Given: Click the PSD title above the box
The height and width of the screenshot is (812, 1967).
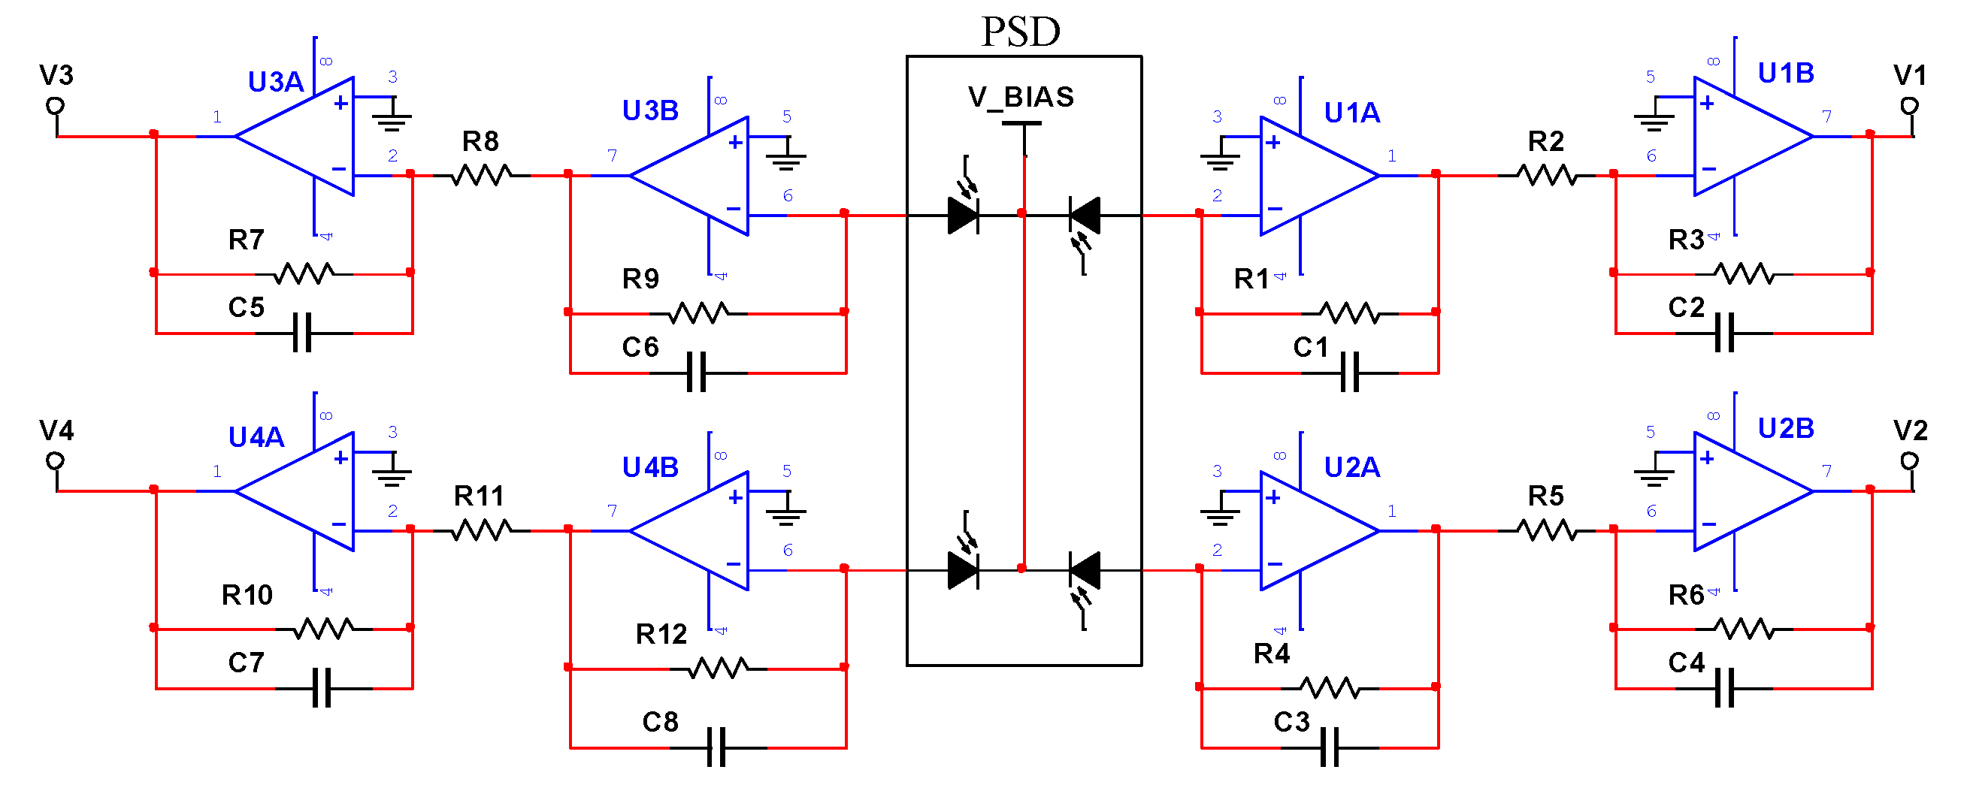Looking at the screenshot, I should click(x=1021, y=32).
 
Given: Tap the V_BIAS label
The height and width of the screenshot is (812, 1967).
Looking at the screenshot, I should click(x=1021, y=98).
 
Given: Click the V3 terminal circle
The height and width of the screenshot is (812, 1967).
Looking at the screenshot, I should click(x=55, y=105).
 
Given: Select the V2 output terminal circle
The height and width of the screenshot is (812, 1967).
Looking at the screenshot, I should click(x=1909, y=460).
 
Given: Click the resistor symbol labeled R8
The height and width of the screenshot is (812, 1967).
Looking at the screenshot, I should click(x=481, y=176).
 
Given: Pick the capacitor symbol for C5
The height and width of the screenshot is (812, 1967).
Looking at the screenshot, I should click(x=303, y=334).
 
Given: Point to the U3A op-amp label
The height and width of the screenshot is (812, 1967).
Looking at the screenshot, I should click(x=276, y=82).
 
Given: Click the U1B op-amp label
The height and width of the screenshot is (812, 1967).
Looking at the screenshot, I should click(x=1785, y=74).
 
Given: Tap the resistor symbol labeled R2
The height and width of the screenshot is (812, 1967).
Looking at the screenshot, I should click(x=1546, y=176).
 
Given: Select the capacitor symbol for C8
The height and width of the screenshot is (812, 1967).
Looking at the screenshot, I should click(x=716, y=748).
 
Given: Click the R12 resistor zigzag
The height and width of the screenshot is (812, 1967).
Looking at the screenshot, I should click(x=718, y=669).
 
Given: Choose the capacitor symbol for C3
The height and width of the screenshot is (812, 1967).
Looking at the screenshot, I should click(x=1330, y=748).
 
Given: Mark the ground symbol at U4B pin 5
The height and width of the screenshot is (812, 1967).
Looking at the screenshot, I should click(x=785, y=515).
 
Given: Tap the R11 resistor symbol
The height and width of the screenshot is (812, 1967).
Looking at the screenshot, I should click(x=481, y=530).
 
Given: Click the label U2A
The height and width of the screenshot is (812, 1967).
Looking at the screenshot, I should click(x=1351, y=467).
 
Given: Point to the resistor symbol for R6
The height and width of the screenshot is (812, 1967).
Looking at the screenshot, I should click(x=1744, y=629).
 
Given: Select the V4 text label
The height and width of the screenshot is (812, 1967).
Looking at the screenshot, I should click(x=56, y=431).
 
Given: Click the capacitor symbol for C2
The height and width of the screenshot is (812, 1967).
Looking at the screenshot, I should click(x=1724, y=334).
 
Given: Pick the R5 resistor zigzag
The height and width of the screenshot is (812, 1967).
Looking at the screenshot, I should click(x=1546, y=530).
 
